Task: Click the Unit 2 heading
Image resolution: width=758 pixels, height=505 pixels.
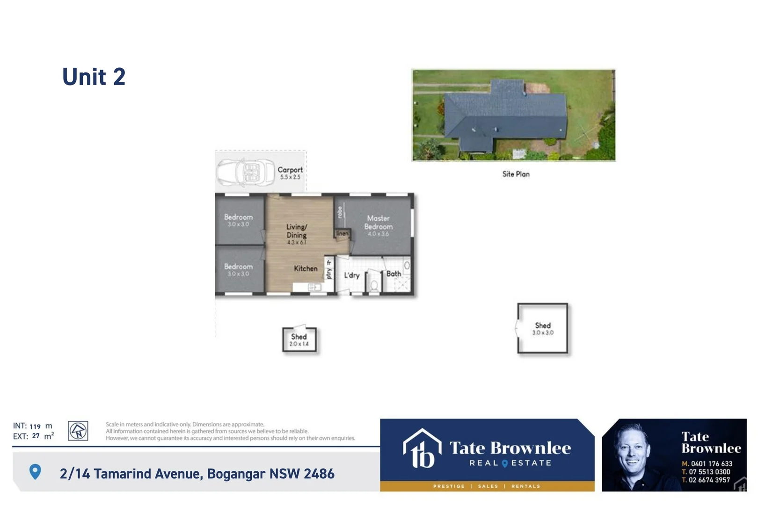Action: click(x=94, y=77)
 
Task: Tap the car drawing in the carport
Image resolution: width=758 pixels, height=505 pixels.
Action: click(x=246, y=173)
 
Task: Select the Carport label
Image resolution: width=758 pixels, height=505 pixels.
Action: click(x=290, y=170)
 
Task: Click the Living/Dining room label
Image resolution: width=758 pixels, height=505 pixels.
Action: click(x=297, y=231)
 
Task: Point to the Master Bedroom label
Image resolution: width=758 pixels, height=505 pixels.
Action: click(x=379, y=223)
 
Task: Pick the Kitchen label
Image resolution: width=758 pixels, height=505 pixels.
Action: click(x=306, y=268)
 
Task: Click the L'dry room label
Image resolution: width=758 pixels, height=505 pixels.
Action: click(x=351, y=275)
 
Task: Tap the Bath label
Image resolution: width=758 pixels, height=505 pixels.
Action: click(x=394, y=274)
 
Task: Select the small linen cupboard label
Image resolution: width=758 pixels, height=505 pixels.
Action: click(x=343, y=233)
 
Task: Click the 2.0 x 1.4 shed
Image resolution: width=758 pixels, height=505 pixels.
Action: click(x=299, y=339)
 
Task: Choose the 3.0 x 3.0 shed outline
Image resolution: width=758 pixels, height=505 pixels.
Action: click(x=542, y=328)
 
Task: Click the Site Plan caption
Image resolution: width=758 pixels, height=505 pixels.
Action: click(x=516, y=174)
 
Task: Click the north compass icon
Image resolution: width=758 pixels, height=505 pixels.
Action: click(x=78, y=431)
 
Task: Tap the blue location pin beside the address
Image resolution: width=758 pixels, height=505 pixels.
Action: click(x=35, y=472)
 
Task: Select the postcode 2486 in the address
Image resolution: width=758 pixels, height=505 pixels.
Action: click(x=319, y=474)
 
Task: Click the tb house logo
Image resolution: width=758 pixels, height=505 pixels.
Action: click(x=422, y=449)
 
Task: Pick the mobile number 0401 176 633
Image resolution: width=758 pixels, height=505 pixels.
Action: click(x=711, y=464)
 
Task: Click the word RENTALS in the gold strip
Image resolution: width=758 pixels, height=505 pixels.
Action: click(x=525, y=486)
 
